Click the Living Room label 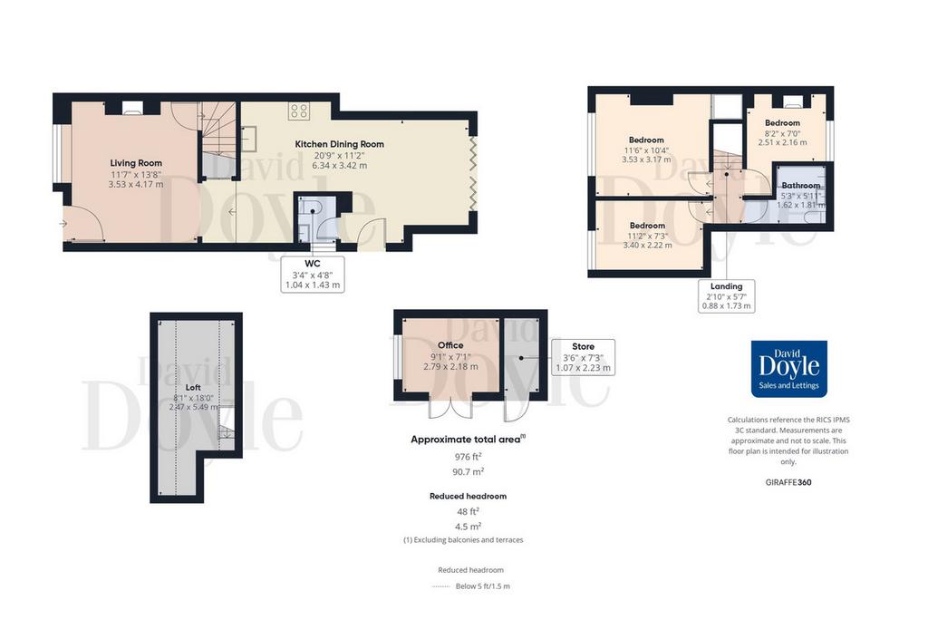[136, 163]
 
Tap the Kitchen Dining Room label [339, 144]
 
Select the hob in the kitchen [298, 111]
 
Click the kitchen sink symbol [249, 139]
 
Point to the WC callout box [313, 274]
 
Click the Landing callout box [726, 295]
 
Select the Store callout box [583, 357]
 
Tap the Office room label [450, 345]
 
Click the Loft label [193, 388]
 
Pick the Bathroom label [801, 185]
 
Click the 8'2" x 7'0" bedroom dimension [782, 133]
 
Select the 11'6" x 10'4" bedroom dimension [646, 150]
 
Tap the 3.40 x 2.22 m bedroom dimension [647, 245]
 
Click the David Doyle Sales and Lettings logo [789, 369]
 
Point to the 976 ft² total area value [468, 456]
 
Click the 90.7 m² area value [468, 471]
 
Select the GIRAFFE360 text [788, 482]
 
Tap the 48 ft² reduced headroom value [468, 511]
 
